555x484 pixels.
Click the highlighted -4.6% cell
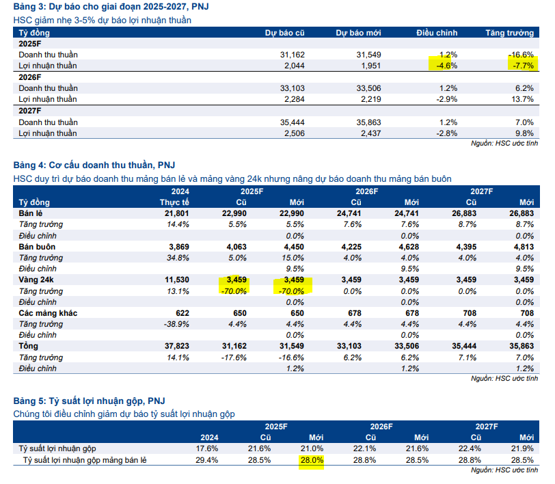445,66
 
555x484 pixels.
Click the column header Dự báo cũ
285,32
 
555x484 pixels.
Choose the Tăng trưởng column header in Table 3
509,32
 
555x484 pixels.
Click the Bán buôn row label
37,247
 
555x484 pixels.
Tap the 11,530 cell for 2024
176,280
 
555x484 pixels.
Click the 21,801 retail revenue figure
176,214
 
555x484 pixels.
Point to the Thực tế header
174,203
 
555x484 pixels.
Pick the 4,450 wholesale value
292,247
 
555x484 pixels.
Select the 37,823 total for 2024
176,347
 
